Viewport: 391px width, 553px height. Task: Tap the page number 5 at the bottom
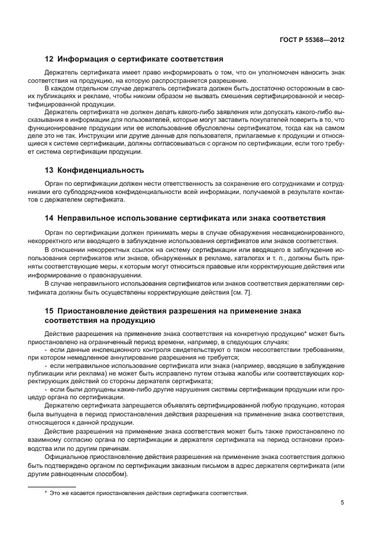pos(342,503)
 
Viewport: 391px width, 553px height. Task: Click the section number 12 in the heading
pos(50,59)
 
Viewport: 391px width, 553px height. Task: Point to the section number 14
pos(50,218)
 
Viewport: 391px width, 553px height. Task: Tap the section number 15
pos(50,311)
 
